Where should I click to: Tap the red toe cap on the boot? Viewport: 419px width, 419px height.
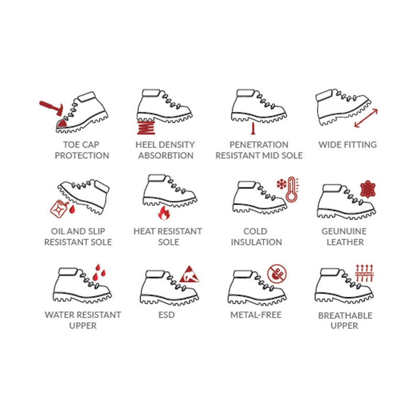click(62, 124)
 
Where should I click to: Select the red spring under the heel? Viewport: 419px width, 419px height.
click(146, 127)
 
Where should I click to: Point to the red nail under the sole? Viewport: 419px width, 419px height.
click(253, 128)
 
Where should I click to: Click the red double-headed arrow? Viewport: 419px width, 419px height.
click(366, 118)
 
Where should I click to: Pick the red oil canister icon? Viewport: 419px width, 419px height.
click(59, 209)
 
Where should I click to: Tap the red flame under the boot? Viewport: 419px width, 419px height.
click(164, 213)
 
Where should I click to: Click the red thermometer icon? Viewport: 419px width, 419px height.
click(292, 189)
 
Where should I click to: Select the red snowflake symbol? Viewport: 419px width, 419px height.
click(281, 184)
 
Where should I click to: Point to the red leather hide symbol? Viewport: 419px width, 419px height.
click(368, 189)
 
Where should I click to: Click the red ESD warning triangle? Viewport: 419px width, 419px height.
click(189, 275)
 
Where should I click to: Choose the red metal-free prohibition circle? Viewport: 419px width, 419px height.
click(277, 274)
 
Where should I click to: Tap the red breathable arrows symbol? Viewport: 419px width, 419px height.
click(364, 273)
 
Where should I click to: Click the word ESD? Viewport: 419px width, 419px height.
click(167, 315)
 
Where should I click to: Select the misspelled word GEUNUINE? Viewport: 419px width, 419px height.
click(344, 231)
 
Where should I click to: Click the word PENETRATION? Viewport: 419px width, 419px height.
click(259, 144)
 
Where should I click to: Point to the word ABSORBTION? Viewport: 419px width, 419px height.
click(166, 155)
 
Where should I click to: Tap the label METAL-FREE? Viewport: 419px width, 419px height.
click(256, 315)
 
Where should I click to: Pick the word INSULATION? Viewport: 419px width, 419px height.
click(256, 242)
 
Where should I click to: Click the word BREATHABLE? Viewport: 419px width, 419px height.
click(345, 315)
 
